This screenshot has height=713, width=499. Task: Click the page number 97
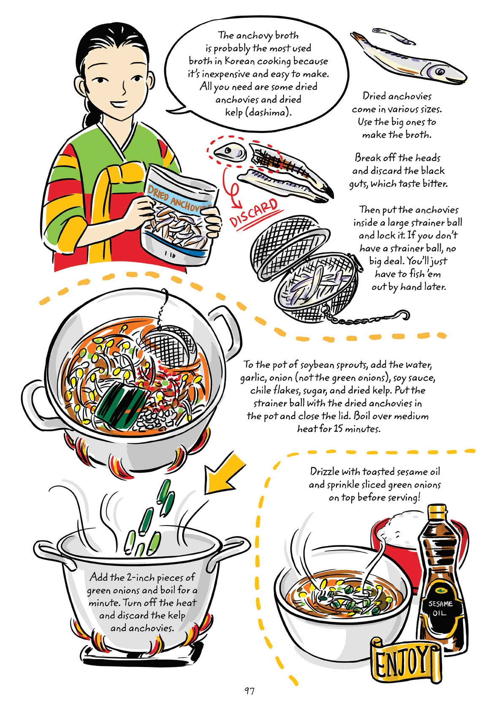pyautogui.click(x=249, y=691)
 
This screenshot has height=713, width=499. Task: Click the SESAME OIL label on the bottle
pyautogui.click(x=440, y=608)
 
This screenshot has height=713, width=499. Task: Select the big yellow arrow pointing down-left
pyautogui.click(x=224, y=472)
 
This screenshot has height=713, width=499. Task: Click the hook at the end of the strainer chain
pyautogui.click(x=404, y=314)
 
